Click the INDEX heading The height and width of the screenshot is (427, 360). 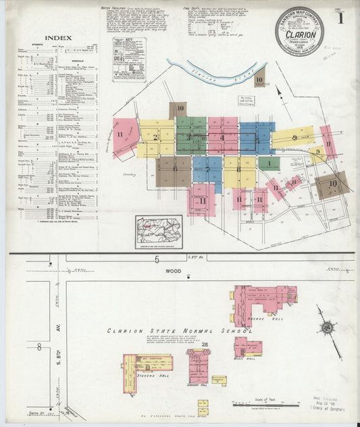click(x=55, y=39)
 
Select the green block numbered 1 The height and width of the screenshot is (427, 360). click(x=269, y=163)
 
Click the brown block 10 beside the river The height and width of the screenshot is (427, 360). click(x=260, y=78)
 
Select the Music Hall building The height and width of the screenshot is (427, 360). click(x=247, y=347)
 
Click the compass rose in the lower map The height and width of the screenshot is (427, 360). click(x=328, y=328)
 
